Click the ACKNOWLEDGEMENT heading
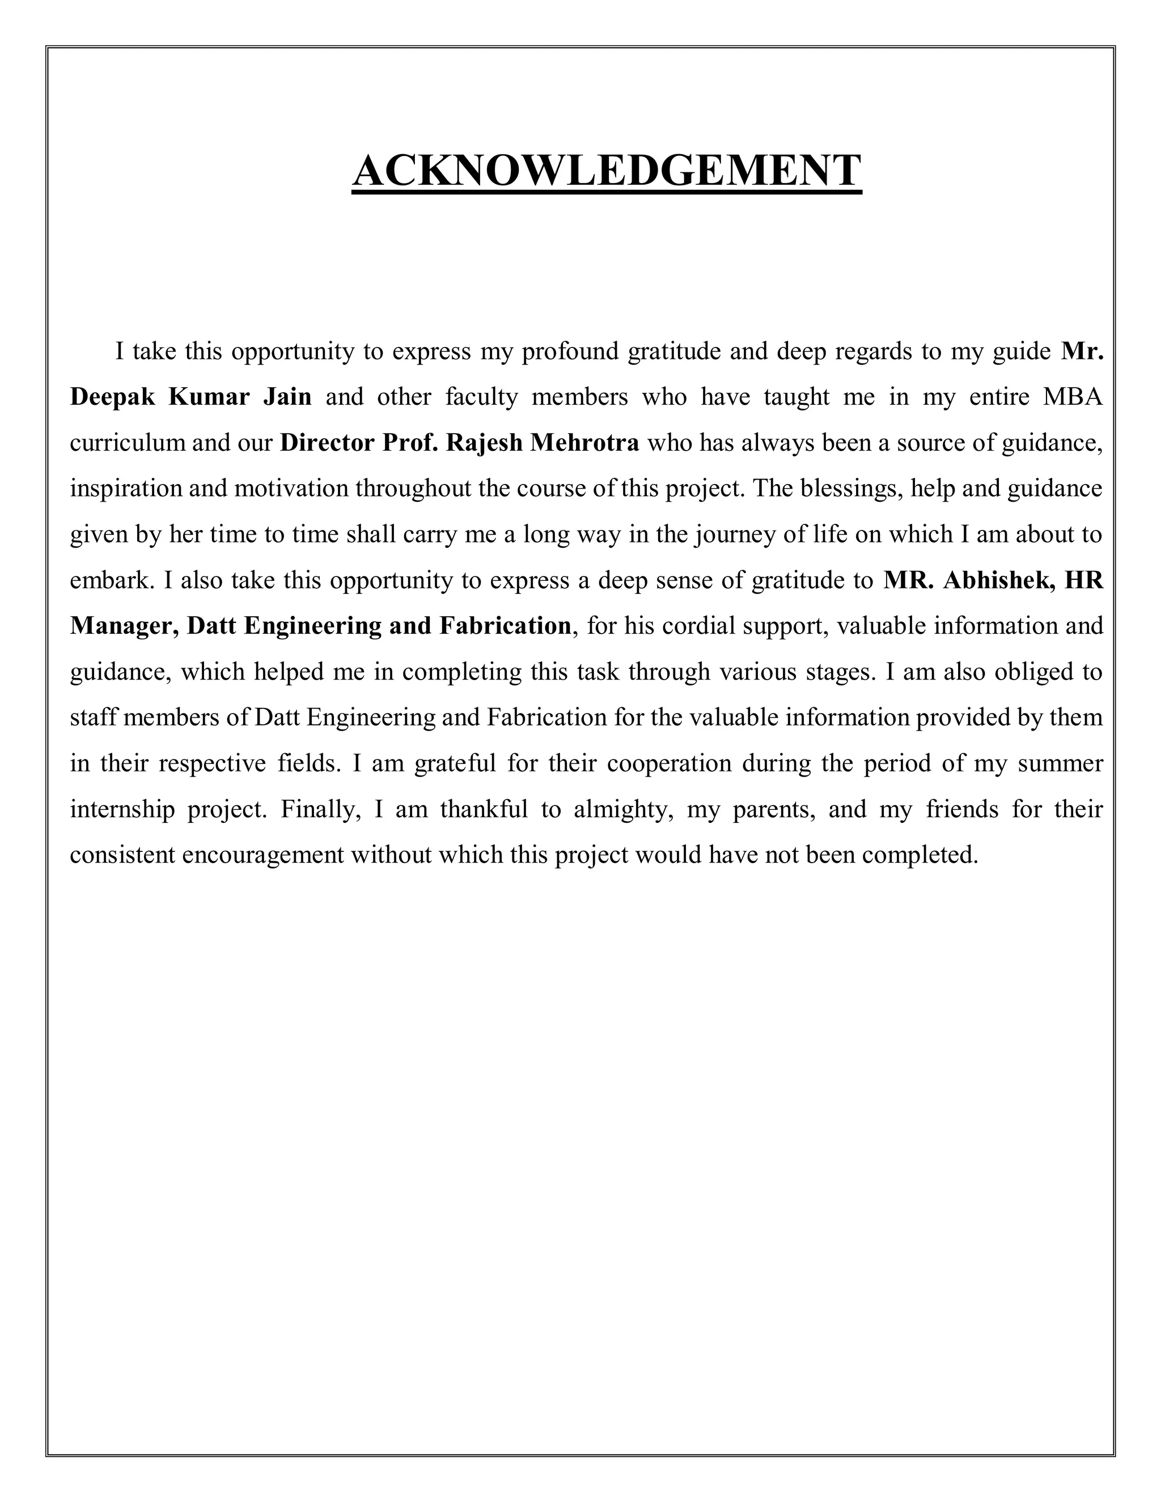606,171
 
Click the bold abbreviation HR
1083,580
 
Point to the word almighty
622,809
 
